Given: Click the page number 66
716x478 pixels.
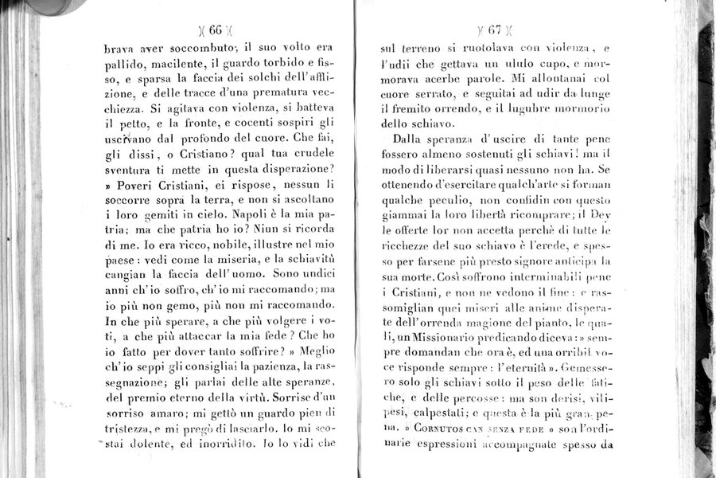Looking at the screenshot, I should pos(216,30).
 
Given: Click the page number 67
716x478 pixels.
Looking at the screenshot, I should pos(494,31).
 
